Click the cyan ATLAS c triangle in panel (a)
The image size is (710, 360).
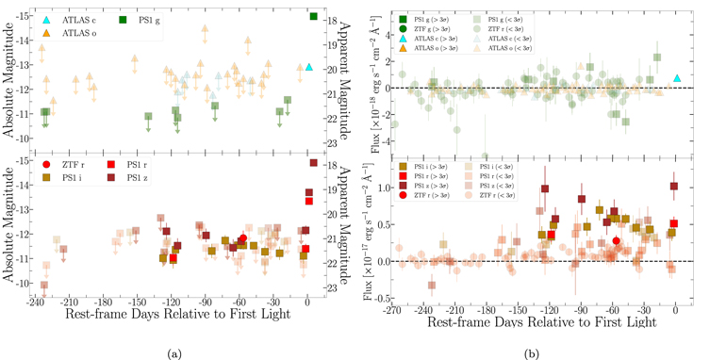310,67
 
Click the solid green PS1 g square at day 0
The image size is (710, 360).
314,16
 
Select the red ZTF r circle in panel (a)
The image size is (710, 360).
243,238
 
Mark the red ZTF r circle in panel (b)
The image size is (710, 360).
617,240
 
